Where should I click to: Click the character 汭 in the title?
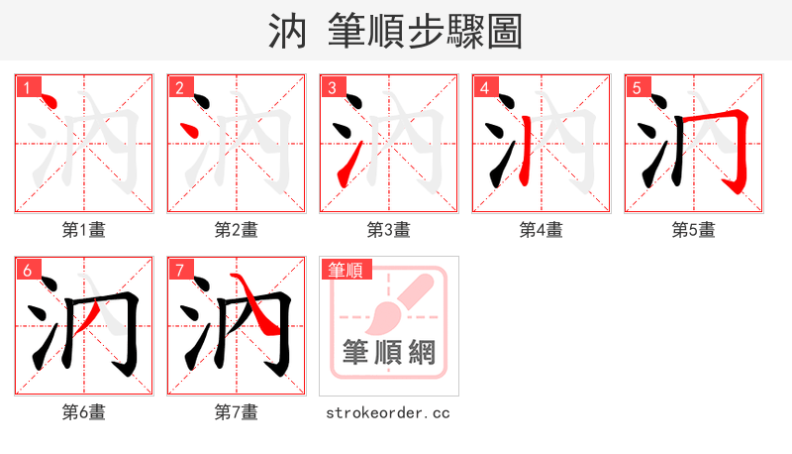289,32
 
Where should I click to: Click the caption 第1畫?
84,230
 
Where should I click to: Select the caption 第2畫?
237,230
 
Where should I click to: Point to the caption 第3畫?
389,230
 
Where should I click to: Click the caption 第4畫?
542,230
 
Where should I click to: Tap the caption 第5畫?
694,230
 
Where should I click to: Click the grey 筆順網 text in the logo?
389,353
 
